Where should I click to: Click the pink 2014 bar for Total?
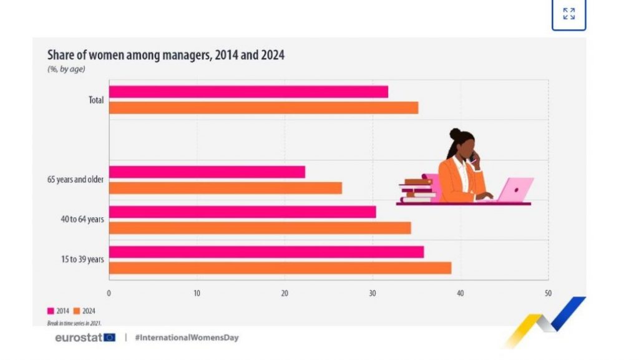[x=248, y=92]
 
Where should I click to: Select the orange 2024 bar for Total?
[x=263, y=108]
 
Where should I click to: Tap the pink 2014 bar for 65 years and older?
[x=207, y=172]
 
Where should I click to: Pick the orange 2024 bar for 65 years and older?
[x=225, y=188]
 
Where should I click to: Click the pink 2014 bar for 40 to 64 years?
[x=242, y=212]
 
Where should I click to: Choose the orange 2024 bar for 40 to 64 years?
[x=260, y=228]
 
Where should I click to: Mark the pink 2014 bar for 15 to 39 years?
[x=266, y=252]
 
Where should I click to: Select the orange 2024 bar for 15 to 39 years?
[x=280, y=268]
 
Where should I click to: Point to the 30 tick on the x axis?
[x=373, y=293]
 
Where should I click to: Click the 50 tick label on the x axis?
[x=548, y=293]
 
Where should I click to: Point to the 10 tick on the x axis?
[x=197, y=293]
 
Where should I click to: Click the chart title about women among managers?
[x=166, y=55]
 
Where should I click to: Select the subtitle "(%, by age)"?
[x=66, y=69]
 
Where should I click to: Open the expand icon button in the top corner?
[x=568, y=14]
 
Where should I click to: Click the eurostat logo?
[x=85, y=338]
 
